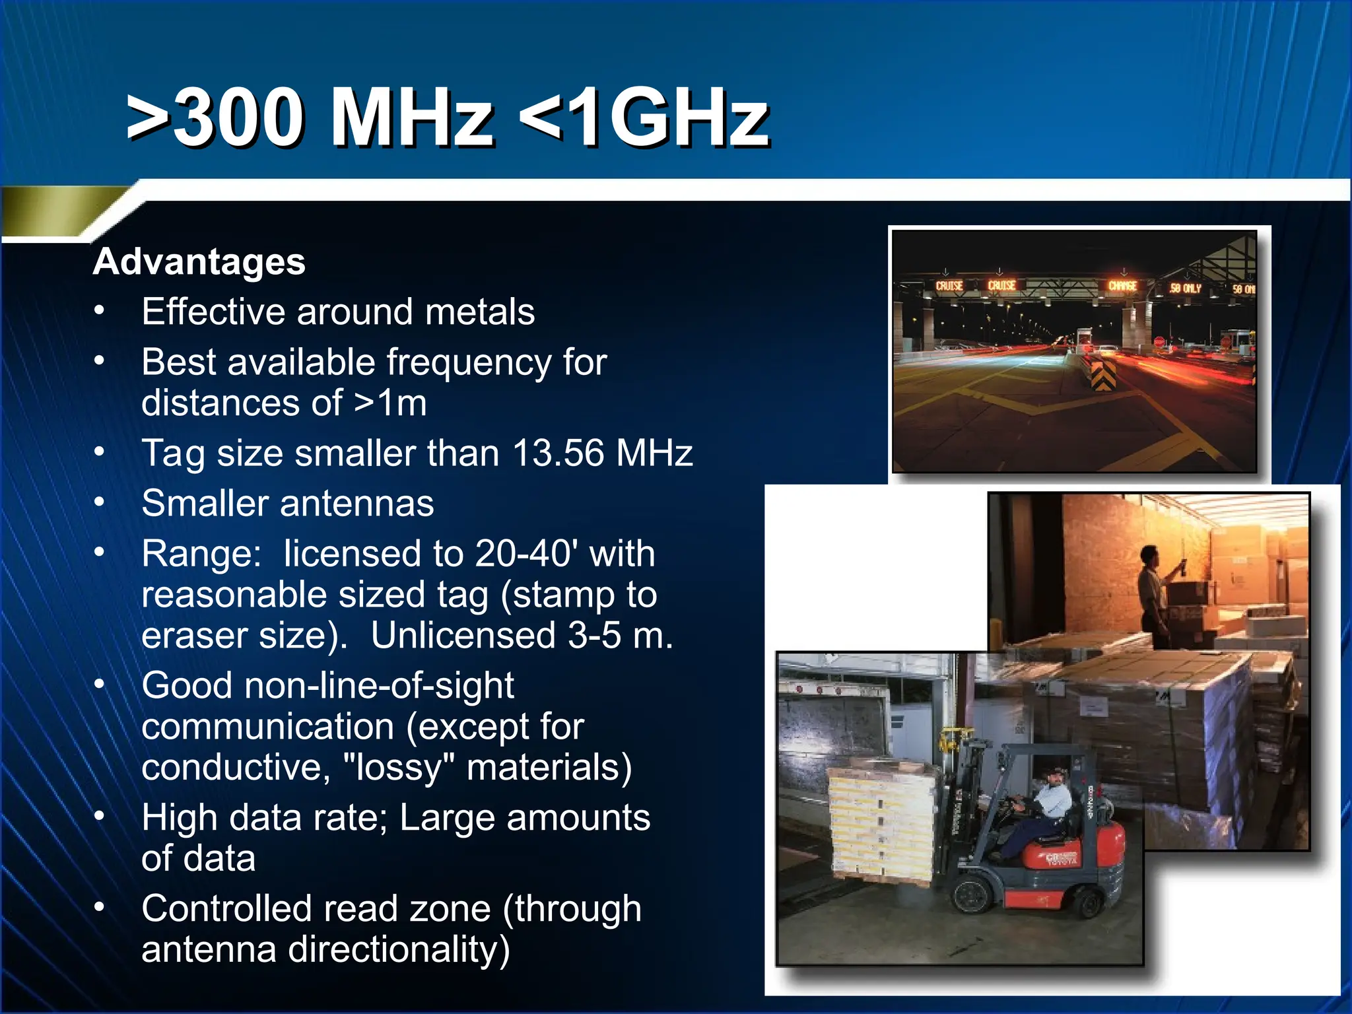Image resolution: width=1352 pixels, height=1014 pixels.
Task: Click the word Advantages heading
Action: coord(199,262)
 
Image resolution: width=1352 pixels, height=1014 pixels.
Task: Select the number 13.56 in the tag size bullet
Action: coord(558,454)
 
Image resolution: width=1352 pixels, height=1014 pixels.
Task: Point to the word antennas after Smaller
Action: coord(357,504)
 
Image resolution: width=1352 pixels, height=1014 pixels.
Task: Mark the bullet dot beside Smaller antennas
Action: coord(99,502)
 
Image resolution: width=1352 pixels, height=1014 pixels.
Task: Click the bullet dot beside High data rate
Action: coord(99,817)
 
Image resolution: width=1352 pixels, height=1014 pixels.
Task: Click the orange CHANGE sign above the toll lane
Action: coord(1122,286)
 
